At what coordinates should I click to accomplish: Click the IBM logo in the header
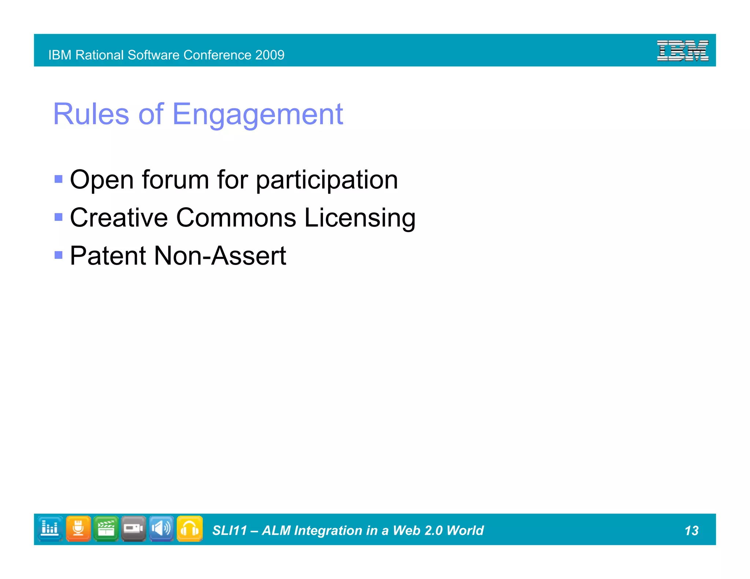[x=682, y=51]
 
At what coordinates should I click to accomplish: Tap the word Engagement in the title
[x=257, y=114]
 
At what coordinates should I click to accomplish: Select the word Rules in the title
[x=91, y=114]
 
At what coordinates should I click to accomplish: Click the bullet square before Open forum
[x=58, y=179]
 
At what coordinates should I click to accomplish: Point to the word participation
[x=326, y=180]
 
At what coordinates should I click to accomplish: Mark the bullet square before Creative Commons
[x=58, y=217]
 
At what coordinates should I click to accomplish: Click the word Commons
[x=236, y=218]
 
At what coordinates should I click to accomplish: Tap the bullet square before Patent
[x=58, y=255]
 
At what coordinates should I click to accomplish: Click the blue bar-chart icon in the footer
[x=50, y=528]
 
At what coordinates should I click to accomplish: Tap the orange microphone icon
[x=78, y=528]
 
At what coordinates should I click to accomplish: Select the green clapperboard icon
[x=106, y=528]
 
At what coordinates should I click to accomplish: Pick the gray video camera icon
[x=134, y=528]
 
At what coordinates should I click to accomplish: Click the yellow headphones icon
[x=190, y=528]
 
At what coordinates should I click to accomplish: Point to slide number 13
[x=691, y=531]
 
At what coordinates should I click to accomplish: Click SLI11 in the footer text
[x=230, y=531]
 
